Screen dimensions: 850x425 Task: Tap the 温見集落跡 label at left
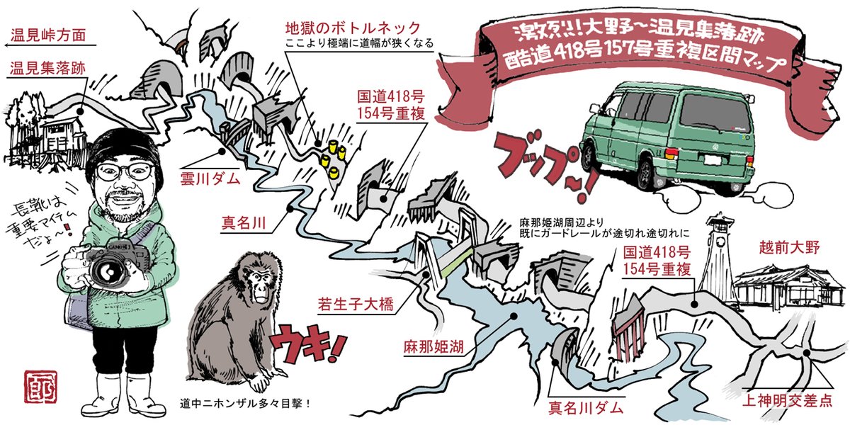click(x=49, y=69)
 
